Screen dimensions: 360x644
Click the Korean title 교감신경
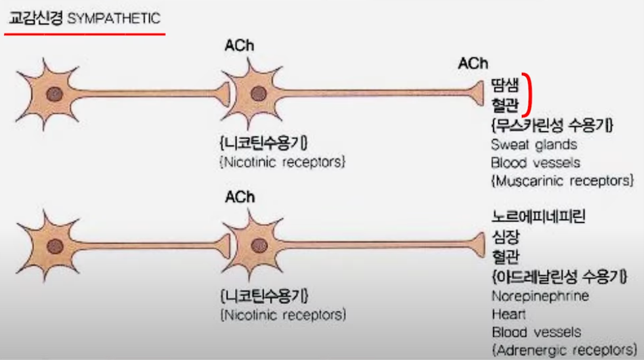[35, 18]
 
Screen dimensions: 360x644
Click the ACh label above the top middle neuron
[239, 46]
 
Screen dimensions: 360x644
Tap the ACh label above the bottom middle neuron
[239, 197]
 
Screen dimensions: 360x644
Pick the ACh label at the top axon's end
[473, 63]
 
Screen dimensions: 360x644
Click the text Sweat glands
[533, 145]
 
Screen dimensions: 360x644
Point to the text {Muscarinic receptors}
[562, 179]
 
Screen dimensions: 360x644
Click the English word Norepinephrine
[540, 296]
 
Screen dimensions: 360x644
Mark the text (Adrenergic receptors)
[563, 349]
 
